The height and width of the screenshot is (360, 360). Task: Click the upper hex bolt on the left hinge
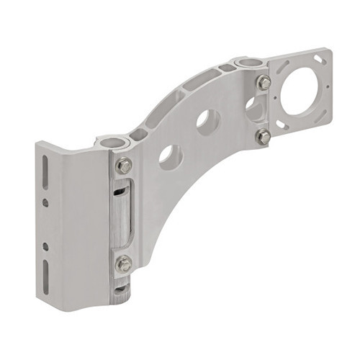click(125, 166)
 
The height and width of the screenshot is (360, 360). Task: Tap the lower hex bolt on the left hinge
click(125, 264)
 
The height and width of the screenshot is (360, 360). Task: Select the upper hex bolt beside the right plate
click(264, 82)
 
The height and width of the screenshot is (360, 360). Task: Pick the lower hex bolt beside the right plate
click(264, 136)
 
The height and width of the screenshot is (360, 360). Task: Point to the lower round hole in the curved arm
click(171, 157)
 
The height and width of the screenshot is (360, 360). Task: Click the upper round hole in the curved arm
click(207, 122)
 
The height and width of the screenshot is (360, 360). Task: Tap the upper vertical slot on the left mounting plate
click(46, 174)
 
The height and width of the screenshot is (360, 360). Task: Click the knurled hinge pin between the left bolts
click(123, 215)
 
